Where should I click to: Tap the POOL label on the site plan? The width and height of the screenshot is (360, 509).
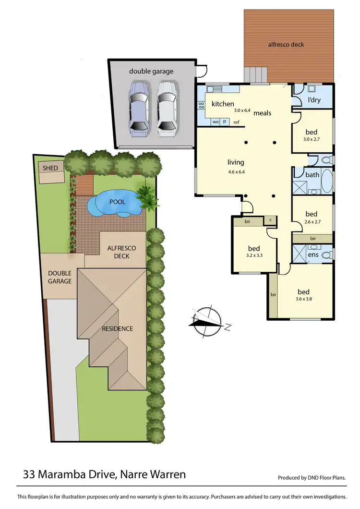point(117,202)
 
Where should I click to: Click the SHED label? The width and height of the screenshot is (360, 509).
point(50,168)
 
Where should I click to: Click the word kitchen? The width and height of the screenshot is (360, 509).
point(223,104)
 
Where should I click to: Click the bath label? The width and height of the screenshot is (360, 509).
point(312,175)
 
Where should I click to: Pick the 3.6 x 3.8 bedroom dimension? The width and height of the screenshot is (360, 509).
point(303,300)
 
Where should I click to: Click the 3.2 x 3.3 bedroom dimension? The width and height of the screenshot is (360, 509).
point(253,256)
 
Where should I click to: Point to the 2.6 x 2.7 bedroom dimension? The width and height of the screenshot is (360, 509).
point(311,222)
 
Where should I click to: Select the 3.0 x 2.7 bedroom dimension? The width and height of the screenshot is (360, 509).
point(311,140)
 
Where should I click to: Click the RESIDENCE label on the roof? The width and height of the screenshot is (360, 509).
point(117,329)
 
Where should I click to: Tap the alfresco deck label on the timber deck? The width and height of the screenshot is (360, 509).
point(286,45)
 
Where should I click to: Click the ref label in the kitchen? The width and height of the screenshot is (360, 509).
point(236,122)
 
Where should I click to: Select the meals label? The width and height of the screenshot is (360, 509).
point(262,113)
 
